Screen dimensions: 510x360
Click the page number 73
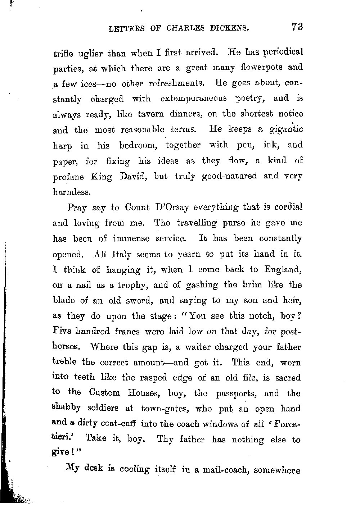297,27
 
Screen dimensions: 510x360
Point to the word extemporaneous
194,98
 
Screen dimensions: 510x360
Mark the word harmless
71,192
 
